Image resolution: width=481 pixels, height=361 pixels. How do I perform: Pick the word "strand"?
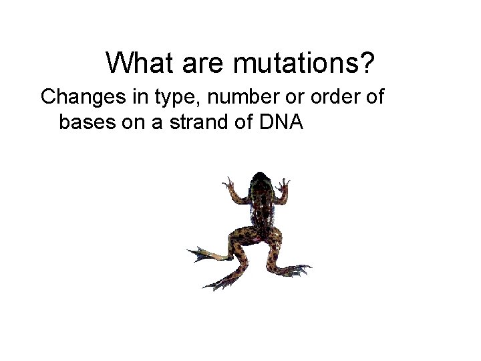point(189,123)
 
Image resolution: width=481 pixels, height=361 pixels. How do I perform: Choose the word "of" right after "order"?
point(374,98)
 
